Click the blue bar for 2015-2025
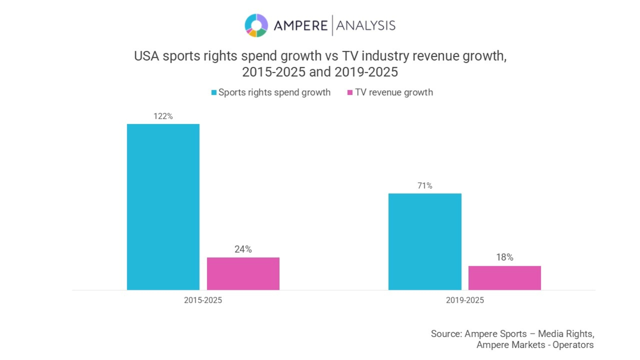point(163,207)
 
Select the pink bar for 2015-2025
point(243,273)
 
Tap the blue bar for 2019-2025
point(425,241)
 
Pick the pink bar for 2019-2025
point(504,278)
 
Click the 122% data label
point(163,116)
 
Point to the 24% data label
point(243,249)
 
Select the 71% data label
point(425,186)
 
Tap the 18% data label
point(504,257)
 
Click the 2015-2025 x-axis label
point(203,300)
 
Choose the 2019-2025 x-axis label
point(465,300)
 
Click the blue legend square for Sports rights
point(214,92)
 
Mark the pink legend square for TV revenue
point(350,92)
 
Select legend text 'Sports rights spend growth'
point(274,92)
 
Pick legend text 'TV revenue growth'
point(394,92)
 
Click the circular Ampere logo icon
point(256,25)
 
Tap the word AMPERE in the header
point(300,26)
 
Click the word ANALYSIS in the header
point(366,26)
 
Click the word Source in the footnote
point(446,333)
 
